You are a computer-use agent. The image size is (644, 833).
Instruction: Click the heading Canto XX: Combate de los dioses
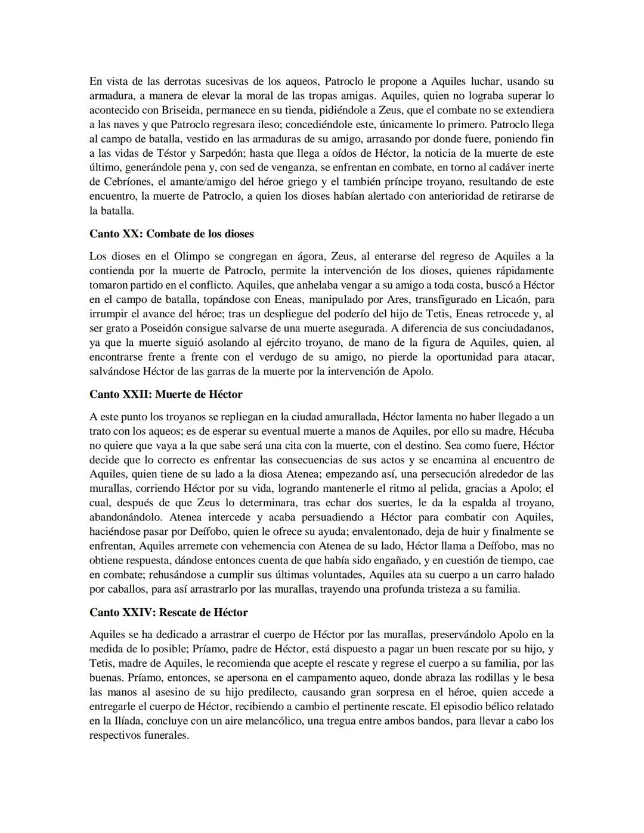(172, 234)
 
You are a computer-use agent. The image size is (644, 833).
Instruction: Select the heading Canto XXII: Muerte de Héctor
(166, 394)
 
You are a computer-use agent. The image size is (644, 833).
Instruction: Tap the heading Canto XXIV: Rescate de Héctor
(168, 612)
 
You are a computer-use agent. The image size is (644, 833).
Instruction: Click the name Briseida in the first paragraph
(181, 110)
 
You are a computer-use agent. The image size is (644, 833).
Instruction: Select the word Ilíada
(116, 720)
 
